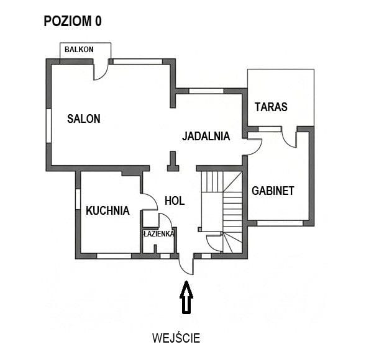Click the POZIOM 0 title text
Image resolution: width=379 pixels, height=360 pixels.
tap(72, 21)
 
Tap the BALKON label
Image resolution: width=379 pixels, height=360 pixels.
tap(79, 49)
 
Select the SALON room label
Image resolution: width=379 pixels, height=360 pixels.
tap(83, 119)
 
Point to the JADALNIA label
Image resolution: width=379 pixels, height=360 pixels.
tap(206, 136)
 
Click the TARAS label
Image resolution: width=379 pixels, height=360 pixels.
tap(271, 107)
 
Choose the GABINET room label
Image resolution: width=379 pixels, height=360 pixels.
tap(272, 191)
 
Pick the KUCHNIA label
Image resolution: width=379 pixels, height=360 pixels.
tap(107, 210)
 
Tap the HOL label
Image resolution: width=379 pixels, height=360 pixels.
tap(175, 200)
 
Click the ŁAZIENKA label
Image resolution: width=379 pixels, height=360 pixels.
tap(158, 234)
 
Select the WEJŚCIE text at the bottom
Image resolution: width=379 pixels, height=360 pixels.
tap(176, 338)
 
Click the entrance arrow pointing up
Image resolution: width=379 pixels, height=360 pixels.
tap(186, 298)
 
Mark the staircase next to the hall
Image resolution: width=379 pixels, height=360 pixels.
tap(224, 211)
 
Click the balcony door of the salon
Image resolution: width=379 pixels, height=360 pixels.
tap(100, 70)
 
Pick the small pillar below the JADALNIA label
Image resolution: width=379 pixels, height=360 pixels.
tap(173, 162)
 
